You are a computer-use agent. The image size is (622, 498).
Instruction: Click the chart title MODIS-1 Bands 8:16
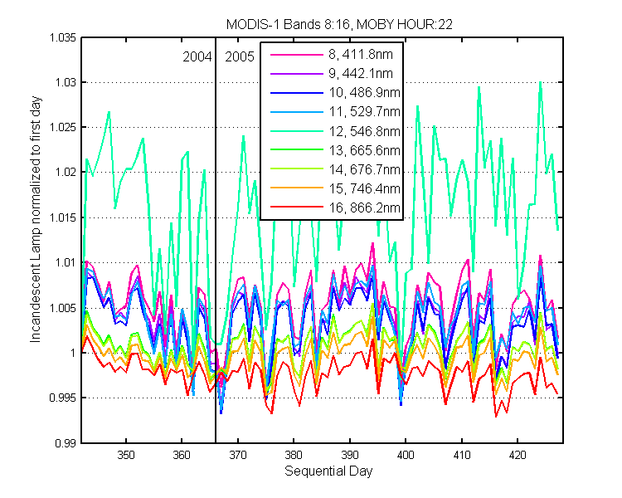(289, 25)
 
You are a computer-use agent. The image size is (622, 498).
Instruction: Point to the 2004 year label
(197, 57)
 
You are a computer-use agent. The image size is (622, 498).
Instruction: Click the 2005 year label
(239, 57)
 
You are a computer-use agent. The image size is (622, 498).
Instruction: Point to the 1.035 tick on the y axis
(63, 37)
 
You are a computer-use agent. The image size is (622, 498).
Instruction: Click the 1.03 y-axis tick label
(66, 83)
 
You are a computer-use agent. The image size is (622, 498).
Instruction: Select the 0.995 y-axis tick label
(63, 398)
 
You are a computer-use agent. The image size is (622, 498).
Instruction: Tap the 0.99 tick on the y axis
(66, 443)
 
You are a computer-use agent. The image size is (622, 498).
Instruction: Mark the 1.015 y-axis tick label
(63, 217)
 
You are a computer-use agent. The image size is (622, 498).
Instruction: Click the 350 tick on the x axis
(126, 455)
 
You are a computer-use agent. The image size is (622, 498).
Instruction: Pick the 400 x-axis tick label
(406, 455)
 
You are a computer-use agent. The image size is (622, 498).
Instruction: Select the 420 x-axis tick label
(518, 455)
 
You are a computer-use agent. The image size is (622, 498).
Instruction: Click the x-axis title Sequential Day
(328, 471)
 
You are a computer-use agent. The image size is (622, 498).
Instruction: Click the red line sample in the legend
(297, 207)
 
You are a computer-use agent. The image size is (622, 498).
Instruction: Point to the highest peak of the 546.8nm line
(540, 82)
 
